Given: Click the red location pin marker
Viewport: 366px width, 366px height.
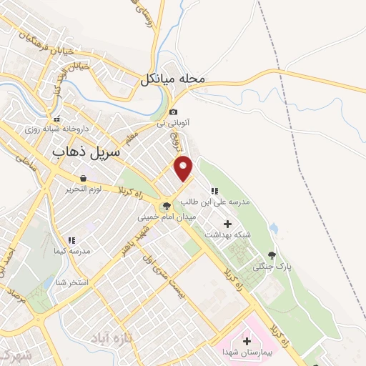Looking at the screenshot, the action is pyautogui.click(x=184, y=167).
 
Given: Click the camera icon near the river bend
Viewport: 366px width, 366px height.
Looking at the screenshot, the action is pyautogui.click(x=173, y=112).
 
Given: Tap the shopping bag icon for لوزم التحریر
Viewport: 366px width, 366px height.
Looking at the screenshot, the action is pyautogui.click(x=84, y=177).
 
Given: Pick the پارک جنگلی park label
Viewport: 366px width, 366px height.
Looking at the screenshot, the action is pyautogui.click(x=272, y=266).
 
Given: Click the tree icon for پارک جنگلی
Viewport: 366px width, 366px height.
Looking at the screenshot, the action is pyautogui.click(x=272, y=254).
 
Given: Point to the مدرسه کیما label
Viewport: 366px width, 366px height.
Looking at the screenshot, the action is pyautogui.click(x=70, y=251).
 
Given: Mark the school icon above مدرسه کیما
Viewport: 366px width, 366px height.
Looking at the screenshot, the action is pyautogui.click(x=71, y=240).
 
